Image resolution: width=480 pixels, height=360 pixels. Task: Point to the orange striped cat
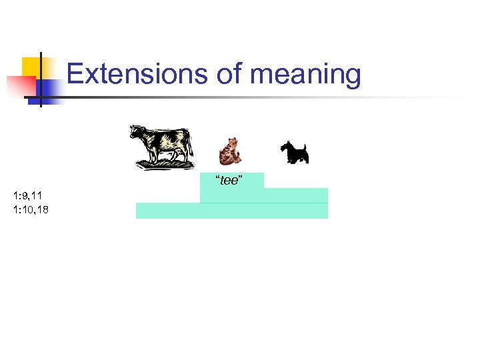[229, 151]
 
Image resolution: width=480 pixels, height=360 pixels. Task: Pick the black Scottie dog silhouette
[293, 153]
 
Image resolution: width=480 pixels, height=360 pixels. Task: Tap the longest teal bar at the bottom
[232, 211]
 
